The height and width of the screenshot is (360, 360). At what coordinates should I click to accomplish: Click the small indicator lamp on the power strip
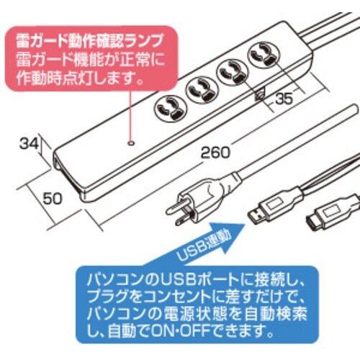coord(130,142)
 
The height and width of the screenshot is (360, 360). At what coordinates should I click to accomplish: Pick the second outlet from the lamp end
coord(198,88)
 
